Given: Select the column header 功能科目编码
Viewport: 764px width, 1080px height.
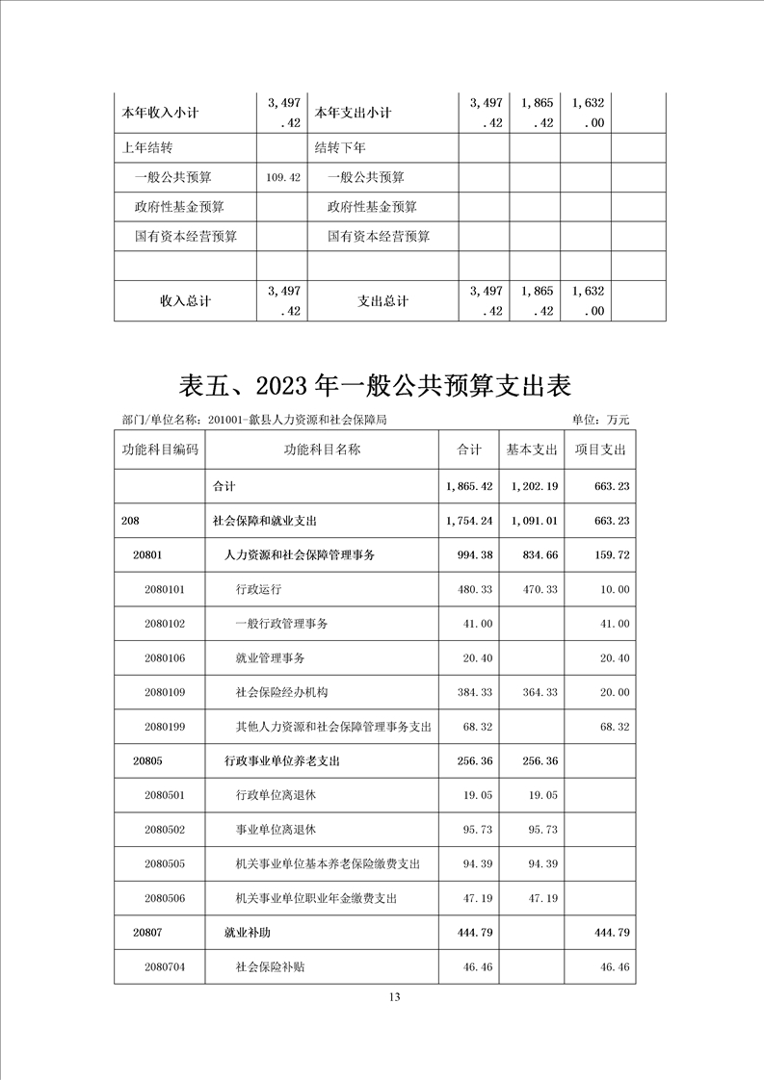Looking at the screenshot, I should (160, 450).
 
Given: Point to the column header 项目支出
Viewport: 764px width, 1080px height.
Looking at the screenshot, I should (600, 450).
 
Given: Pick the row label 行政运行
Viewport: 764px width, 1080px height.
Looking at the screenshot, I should (258, 589).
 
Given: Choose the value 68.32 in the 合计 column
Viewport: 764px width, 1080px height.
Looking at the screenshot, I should (478, 726).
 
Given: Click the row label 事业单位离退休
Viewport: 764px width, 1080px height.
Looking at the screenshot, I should (276, 829).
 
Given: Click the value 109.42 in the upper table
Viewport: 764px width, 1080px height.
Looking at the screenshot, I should (282, 178).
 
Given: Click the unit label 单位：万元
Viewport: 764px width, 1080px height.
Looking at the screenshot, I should (600, 420).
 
